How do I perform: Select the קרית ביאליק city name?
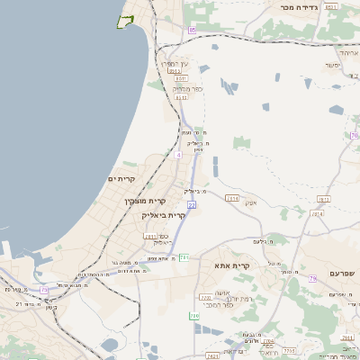164,216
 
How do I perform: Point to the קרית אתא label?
231,266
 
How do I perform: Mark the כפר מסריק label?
186,88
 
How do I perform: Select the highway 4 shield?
178,155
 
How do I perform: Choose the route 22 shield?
192,206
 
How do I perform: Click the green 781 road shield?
184,258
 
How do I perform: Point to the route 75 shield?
43,289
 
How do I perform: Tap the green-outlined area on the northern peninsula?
126,21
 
